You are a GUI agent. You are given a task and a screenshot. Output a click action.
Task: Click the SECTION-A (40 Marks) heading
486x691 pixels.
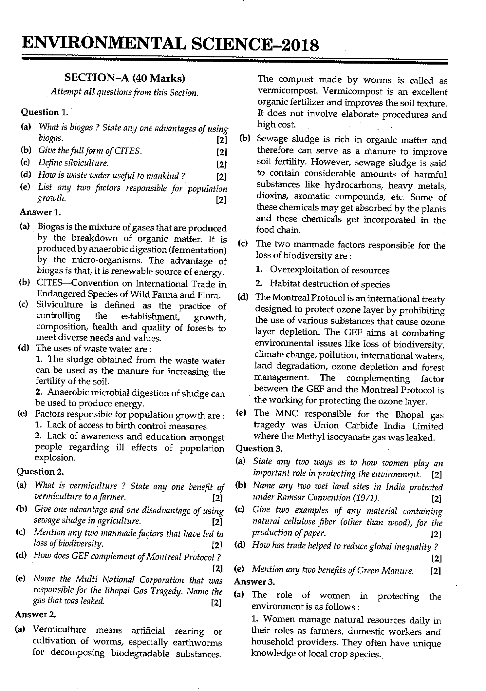pyautogui.click(x=125, y=78)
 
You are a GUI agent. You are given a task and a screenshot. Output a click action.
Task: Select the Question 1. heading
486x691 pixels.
pyautogui.click(x=45, y=112)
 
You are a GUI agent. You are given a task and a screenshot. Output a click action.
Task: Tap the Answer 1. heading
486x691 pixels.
pyautogui.click(x=40, y=212)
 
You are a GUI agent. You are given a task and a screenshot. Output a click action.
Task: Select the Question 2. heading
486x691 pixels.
pyautogui.click(x=40, y=471)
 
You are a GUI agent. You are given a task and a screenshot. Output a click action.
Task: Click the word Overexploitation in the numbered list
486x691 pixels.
pyautogui.click(x=301, y=270)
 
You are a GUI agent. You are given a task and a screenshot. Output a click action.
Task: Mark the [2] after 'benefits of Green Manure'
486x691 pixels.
pyautogui.click(x=436, y=571)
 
